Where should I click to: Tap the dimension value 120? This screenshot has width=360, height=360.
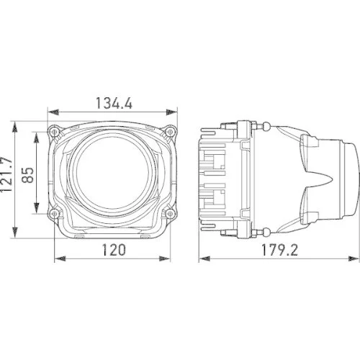point(114,250)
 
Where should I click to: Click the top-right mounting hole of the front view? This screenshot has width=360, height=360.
point(170,132)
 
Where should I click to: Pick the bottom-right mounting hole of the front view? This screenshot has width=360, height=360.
point(170,214)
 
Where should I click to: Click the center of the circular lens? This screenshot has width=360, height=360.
point(113,172)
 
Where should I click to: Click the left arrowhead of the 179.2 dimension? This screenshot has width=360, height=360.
point(201,258)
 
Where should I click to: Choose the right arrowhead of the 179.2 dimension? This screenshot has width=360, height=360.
point(353,258)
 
